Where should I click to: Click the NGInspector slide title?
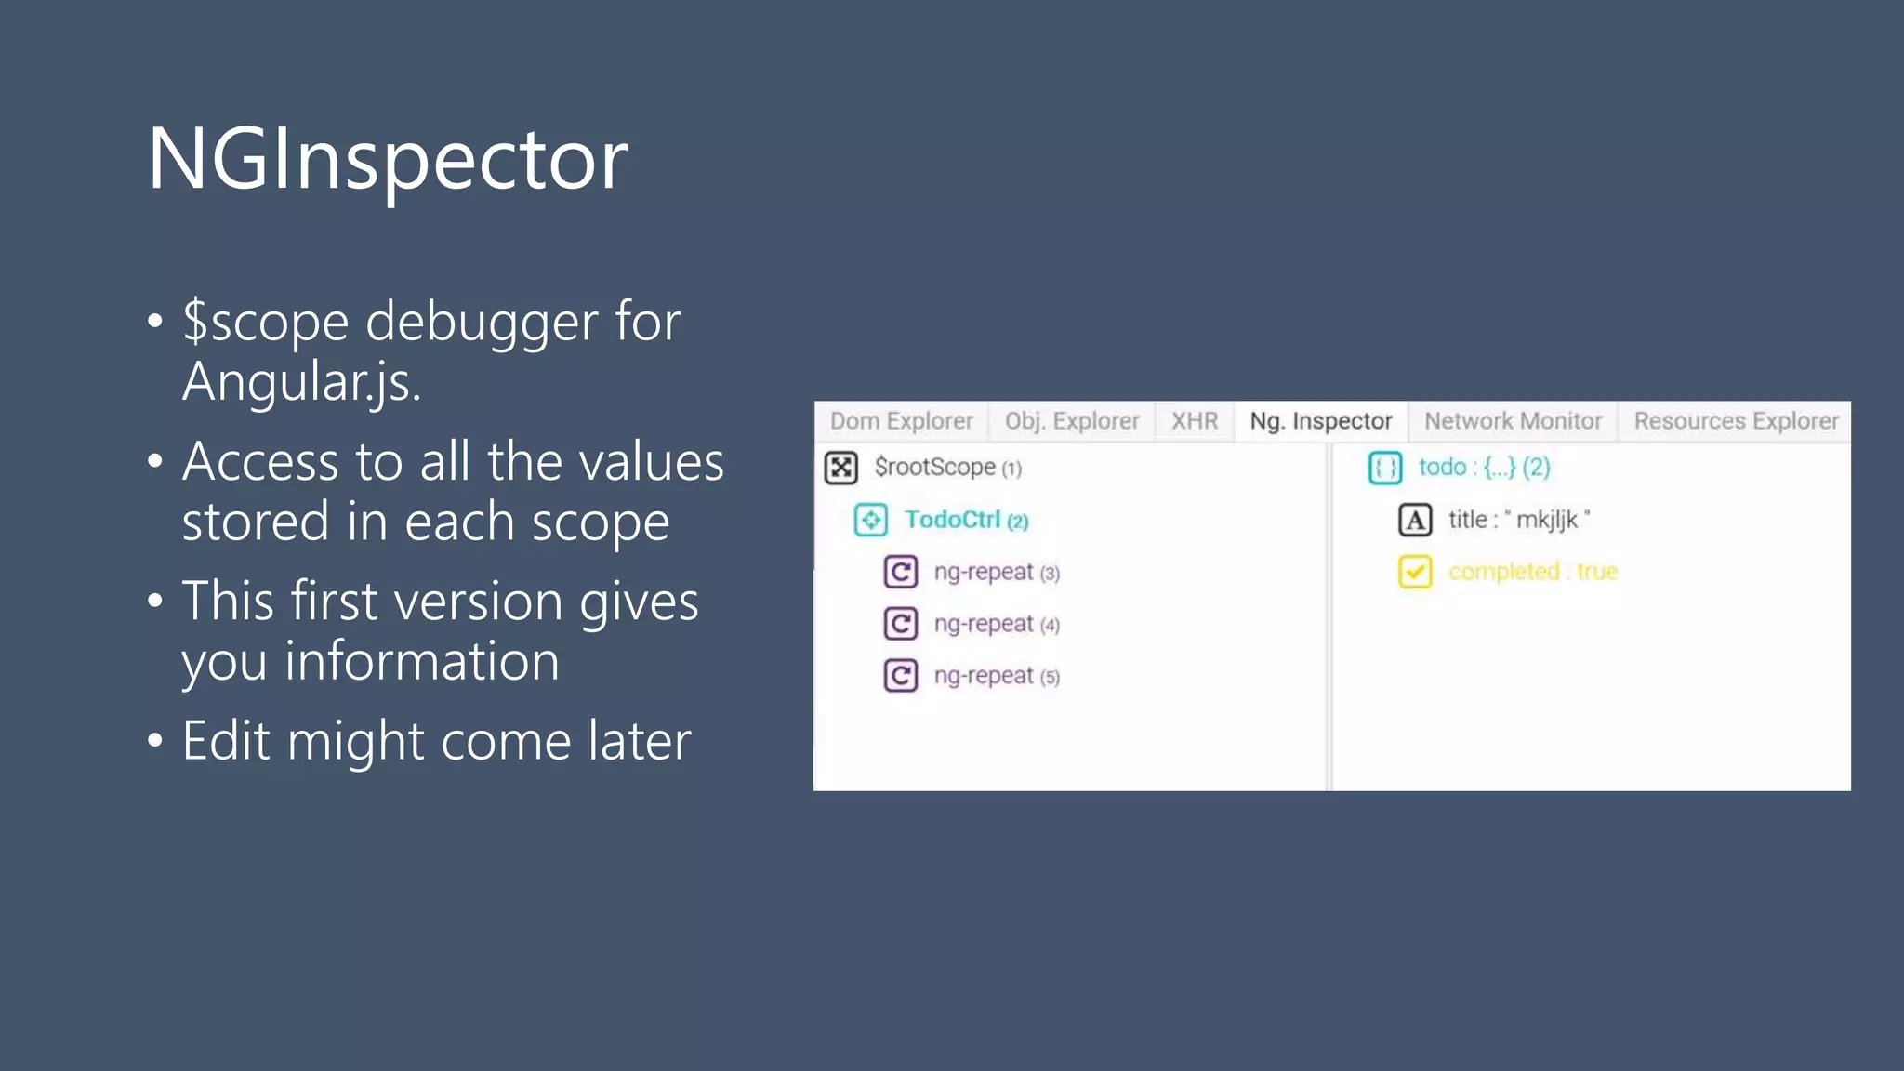388,159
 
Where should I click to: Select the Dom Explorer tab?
901,421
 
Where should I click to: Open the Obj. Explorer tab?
1071,421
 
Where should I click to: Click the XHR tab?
1194,421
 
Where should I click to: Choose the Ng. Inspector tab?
1320,421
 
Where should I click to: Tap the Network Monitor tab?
1513,421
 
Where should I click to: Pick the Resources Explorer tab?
1736,421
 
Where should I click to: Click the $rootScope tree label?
947,467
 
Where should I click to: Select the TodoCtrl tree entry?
966,520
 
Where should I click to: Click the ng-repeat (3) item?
996,572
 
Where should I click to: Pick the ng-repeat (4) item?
996,624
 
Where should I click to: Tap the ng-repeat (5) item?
996,676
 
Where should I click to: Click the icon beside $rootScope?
841,467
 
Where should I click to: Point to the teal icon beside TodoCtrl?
871,520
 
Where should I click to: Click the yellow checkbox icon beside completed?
1415,572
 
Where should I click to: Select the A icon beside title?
1415,520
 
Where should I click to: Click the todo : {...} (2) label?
1484,467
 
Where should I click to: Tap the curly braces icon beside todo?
1385,467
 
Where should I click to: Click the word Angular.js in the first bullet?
301,381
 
